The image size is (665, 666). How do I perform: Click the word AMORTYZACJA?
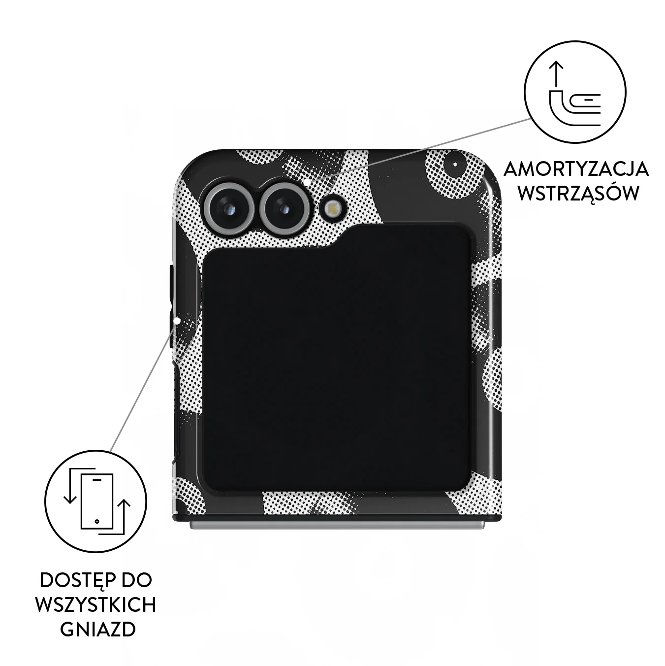(576, 169)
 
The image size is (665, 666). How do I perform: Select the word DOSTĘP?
(77, 581)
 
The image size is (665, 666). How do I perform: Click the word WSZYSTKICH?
(95, 605)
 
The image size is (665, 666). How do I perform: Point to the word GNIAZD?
(98, 630)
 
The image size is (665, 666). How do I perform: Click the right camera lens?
(285, 208)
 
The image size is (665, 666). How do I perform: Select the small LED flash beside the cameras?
(332, 208)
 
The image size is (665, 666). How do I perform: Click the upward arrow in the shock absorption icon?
(556, 74)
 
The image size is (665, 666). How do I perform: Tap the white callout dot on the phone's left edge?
(178, 321)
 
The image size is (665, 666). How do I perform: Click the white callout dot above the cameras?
(308, 180)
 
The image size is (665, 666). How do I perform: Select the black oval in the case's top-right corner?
(455, 165)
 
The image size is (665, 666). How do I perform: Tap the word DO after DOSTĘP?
(137, 581)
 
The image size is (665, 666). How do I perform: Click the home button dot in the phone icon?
(97, 521)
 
